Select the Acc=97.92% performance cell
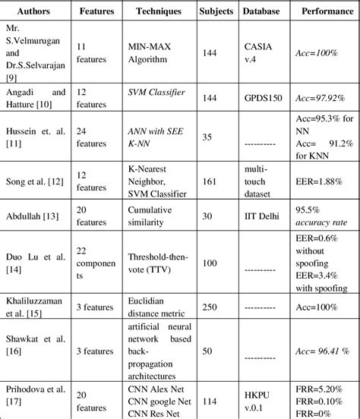coord(320,98)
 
